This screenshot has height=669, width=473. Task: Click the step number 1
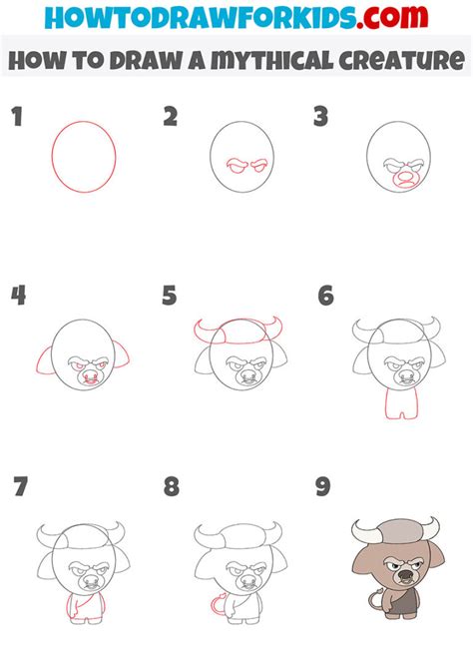16,118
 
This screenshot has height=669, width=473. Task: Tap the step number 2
171,118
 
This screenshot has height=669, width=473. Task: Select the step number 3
321,118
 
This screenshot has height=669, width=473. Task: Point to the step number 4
18,296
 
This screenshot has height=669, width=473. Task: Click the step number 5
170,296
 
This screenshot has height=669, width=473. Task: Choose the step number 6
325,296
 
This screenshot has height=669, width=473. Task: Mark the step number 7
20,487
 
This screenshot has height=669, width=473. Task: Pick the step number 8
172,487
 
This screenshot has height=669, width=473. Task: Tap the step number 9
322,487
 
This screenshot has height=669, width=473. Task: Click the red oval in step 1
84,157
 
